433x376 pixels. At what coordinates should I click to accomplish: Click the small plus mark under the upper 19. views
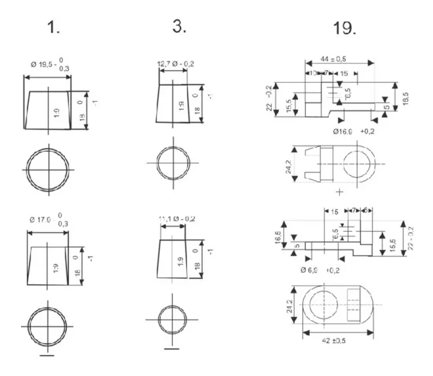(x=339, y=192)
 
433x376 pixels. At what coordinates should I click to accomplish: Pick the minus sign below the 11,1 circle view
(x=171, y=348)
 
